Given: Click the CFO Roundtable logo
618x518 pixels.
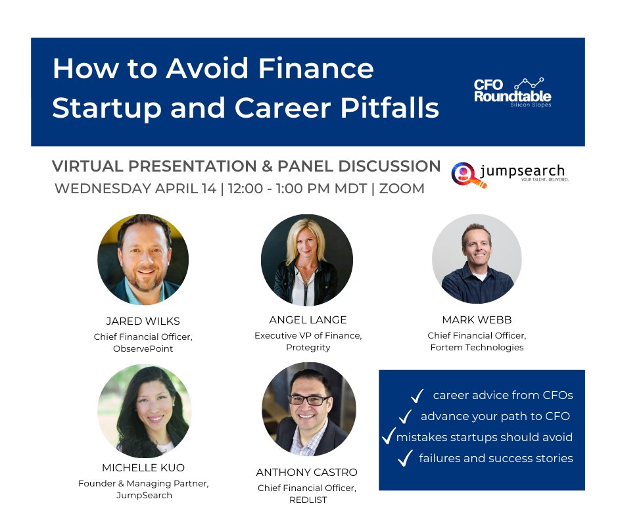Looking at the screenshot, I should (x=513, y=92).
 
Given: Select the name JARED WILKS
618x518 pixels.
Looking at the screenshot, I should (x=143, y=321).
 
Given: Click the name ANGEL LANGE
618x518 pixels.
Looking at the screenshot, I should (x=308, y=320).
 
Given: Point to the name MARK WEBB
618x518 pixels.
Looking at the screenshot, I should (x=477, y=320).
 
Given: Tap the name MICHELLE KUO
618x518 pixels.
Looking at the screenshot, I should (x=143, y=468).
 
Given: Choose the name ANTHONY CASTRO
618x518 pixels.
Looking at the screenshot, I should (x=308, y=472).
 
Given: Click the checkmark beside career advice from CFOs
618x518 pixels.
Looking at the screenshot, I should (x=416, y=396).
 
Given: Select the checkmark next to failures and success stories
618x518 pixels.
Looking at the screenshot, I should (x=405, y=459).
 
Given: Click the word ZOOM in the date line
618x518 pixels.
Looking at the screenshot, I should (x=402, y=189).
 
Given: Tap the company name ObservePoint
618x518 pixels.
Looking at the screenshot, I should (x=143, y=348).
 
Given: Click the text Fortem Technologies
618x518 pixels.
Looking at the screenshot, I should (x=477, y=347).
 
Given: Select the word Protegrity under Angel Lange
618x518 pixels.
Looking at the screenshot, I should (x=308, y=347).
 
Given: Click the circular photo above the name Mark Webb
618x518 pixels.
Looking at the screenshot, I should (x=477, y=259).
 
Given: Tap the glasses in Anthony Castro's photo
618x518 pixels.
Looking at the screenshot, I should (x=308, y=400).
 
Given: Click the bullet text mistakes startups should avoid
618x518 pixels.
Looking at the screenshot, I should (x=484, y=437).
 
